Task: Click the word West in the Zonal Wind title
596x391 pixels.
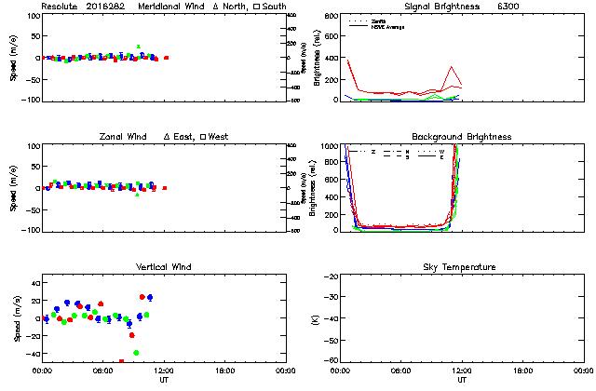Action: click(219, 137)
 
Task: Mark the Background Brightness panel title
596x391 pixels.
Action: click(462, 137)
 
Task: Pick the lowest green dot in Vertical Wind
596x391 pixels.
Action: click(136, 353)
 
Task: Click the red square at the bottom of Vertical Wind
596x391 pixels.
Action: click(121, 361)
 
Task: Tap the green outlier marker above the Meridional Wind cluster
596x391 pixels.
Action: click(138, 47)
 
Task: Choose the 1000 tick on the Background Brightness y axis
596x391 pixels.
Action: click(329, 146)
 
